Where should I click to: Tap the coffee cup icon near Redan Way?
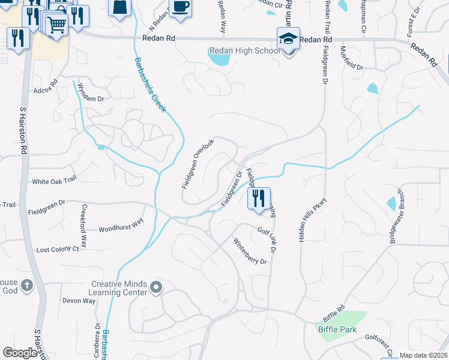point(180,7)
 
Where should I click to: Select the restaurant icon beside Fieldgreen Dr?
point(259,197)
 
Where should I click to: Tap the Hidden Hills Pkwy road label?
point(313,219)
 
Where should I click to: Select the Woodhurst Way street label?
point(121,225)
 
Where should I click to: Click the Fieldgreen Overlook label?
point(198,164)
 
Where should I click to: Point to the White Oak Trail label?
point(55,180)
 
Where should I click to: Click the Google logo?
point(20,353)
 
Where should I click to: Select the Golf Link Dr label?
point(270,238)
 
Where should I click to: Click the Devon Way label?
point(79,301)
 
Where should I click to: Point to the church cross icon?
point(26,287)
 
